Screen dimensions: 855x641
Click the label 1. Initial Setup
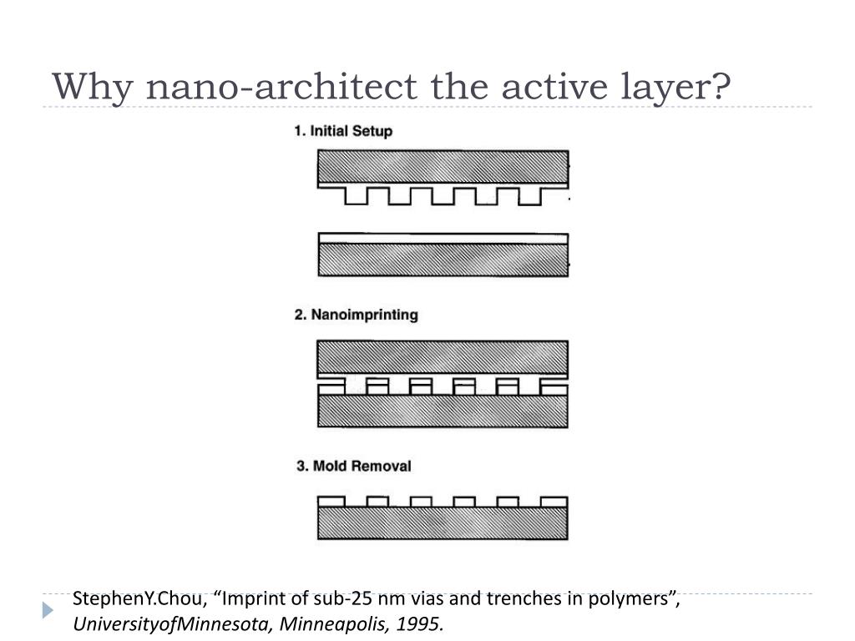click(342, 131)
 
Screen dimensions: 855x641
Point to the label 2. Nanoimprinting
click(357, 315)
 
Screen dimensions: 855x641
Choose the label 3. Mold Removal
click(354, 465)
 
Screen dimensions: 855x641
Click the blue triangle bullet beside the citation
click(48, 610)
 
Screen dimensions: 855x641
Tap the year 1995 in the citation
click(422, 623)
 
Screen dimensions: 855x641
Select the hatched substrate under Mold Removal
click(443, 524)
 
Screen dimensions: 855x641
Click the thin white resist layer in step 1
click(443, 238)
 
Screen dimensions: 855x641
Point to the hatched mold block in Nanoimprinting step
click(443, 358)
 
